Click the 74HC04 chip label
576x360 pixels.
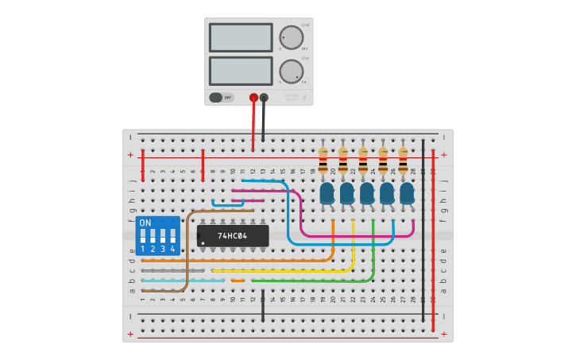[233, 236]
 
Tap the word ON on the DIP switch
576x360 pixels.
[145, 223]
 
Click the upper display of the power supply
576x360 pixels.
[241, 37]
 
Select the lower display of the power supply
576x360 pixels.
[241, 71]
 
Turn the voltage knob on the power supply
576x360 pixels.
[291, 37]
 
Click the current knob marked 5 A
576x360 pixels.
[291, 70]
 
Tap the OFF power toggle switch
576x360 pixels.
[222, 98]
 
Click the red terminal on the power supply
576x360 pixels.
[253, 98]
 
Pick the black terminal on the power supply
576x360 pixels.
[264, 98]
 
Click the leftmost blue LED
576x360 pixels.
[327, 193]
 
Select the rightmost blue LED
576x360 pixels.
[407, 193]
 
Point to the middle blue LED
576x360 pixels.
[366, 193]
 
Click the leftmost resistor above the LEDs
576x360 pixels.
[323, 161]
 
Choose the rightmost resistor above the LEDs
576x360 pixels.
[404, 161]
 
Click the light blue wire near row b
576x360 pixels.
[183, 281]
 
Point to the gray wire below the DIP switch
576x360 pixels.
[162, 270]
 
